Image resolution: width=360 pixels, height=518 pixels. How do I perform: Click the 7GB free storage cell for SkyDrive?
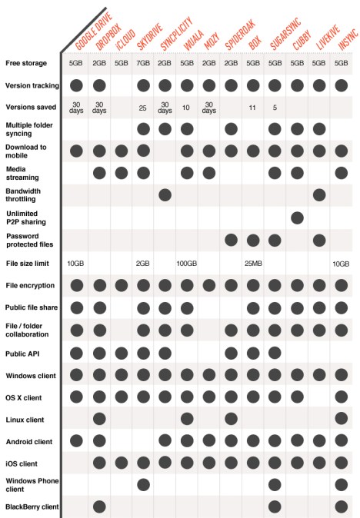(143, 62)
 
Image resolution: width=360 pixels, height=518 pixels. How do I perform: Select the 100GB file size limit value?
(187, 264)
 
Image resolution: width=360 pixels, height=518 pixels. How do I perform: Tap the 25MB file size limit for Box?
(253, 264)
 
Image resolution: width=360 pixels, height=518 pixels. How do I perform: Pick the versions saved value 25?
(143, 108)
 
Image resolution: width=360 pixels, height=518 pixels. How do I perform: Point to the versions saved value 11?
(253, 108)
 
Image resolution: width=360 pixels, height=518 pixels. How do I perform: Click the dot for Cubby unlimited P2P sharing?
(297, 217)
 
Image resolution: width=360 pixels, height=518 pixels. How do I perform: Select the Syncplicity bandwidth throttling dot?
(165, 195)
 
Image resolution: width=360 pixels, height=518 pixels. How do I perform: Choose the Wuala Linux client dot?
(187, 419)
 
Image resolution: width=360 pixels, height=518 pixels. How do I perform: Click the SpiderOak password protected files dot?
(231, 241)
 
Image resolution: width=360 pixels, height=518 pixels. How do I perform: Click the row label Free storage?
(26, 62)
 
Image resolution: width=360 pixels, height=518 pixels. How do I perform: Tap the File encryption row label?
(29, 286)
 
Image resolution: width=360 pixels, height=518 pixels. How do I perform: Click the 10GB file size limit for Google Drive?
(77, 264)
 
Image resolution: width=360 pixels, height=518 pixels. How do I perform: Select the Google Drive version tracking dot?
(77, 85)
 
